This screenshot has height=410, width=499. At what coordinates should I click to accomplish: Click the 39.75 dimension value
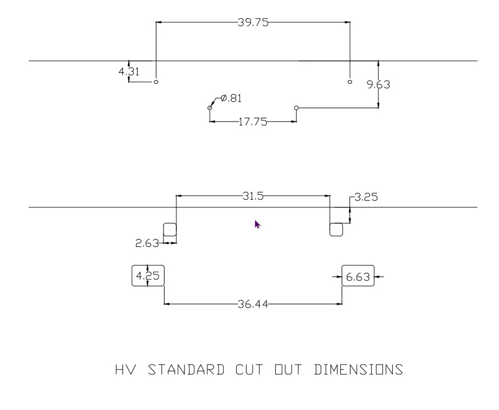pos(253,23)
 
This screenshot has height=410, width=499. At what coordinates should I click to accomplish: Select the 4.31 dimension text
pos(129,72)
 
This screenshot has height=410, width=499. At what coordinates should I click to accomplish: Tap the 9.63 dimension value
pos(378,85)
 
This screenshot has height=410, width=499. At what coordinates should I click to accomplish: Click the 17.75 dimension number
pos(252,122)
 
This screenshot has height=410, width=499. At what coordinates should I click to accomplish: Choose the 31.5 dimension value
pos(253,196)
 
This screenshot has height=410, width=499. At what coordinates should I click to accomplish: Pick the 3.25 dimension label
pos(366,197)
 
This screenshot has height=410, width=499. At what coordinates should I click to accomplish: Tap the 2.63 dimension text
pos(147,244)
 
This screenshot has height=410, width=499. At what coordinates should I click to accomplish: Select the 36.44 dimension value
pos(253,305)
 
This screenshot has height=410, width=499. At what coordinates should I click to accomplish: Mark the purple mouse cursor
pos(257,224)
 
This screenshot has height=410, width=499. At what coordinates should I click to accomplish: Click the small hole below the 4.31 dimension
pos(156,82)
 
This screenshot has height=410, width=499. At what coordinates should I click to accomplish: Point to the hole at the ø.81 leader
pos(210,108)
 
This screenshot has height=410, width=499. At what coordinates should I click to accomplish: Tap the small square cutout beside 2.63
pos(169,224)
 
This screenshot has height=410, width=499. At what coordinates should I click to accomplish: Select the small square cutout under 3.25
pos(336,224)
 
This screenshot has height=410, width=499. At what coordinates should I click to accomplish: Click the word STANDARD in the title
pos(186,369)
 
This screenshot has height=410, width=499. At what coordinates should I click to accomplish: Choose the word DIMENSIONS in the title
pos(358,369)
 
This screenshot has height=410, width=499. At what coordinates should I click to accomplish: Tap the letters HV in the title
pos(126,369)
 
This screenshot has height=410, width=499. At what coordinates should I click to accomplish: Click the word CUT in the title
pos(249,369)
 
